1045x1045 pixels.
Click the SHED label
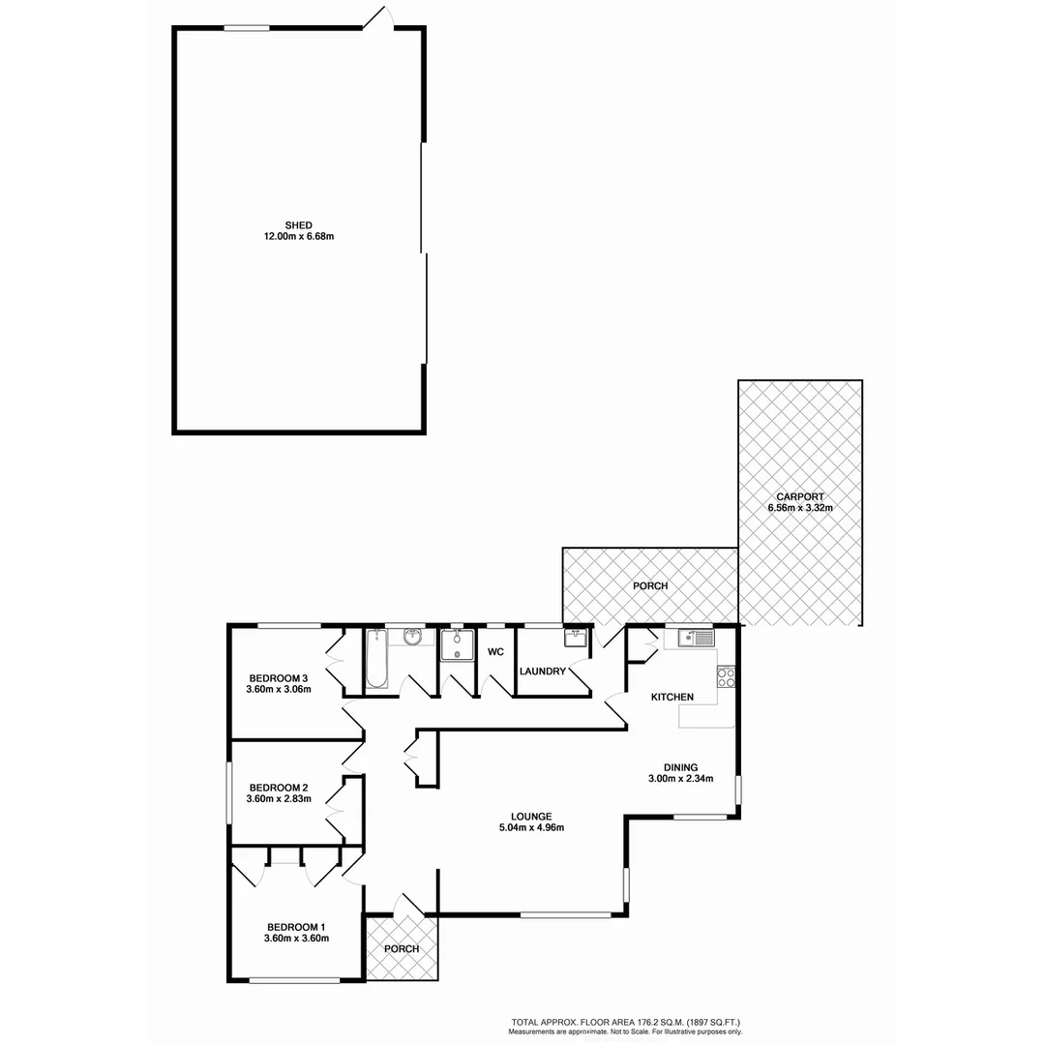pos(298,224)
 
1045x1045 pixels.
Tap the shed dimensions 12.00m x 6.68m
pos(298,236)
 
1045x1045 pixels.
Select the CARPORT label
pos(799,496)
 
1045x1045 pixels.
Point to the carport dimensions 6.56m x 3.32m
pos(799,508)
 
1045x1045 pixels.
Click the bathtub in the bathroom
pos(376,658)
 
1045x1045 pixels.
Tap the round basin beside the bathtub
pos(413,636)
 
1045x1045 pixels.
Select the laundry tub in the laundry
pos(576,639)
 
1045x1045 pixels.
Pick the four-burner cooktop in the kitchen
pos(726,677)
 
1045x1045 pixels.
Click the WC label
pos(496,652)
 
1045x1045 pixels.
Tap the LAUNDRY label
pos(542,672)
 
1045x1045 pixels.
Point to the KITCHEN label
pos(672,698)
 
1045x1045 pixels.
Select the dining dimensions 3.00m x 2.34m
pos(680,778)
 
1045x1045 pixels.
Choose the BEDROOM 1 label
pos(296,926)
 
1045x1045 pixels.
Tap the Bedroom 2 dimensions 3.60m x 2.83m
pos(280,798)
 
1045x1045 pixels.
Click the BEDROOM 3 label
pos(279,677)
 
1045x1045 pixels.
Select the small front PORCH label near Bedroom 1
pos(402,948)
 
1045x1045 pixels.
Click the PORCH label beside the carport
pos(650,586)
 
